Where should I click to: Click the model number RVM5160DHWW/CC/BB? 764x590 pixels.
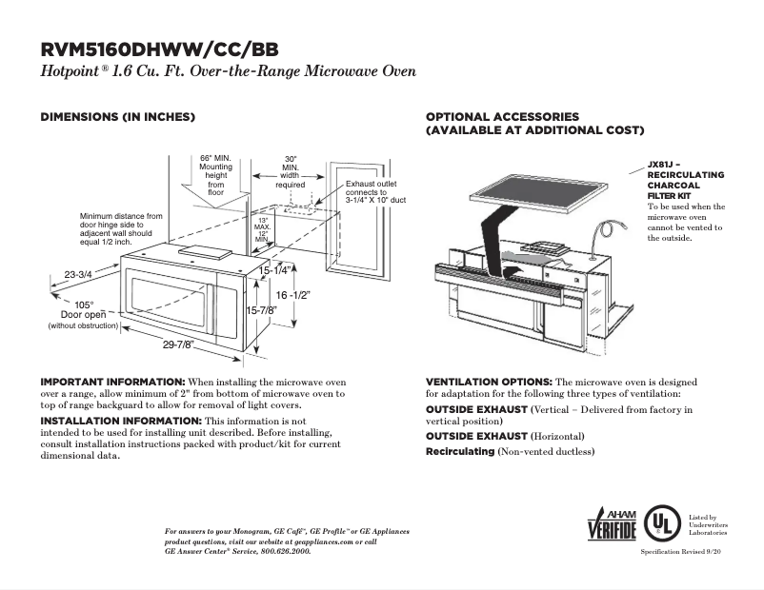tap(160, 49)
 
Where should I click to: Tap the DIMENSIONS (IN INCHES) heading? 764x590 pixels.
tap(117, 116)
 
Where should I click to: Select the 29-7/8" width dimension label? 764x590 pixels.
tap(177, 344)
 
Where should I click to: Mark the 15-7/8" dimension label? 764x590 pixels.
tap(261, 310)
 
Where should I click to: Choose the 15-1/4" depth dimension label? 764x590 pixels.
tap(274, 271)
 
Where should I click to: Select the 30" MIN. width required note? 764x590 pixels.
tap(291, 171)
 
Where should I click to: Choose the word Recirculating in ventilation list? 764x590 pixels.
tap(460, 451)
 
